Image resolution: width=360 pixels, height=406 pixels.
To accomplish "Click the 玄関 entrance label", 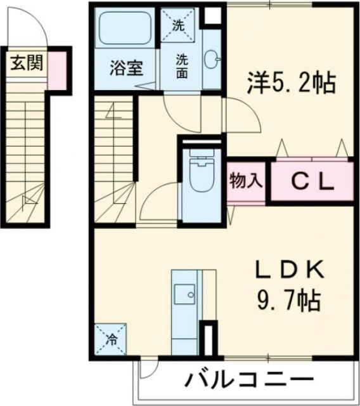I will click(x=25, y=63).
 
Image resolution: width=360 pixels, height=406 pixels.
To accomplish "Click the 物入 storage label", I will click(x=245, y=180).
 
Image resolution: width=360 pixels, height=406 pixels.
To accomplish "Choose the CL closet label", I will click(x=312, y=181).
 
